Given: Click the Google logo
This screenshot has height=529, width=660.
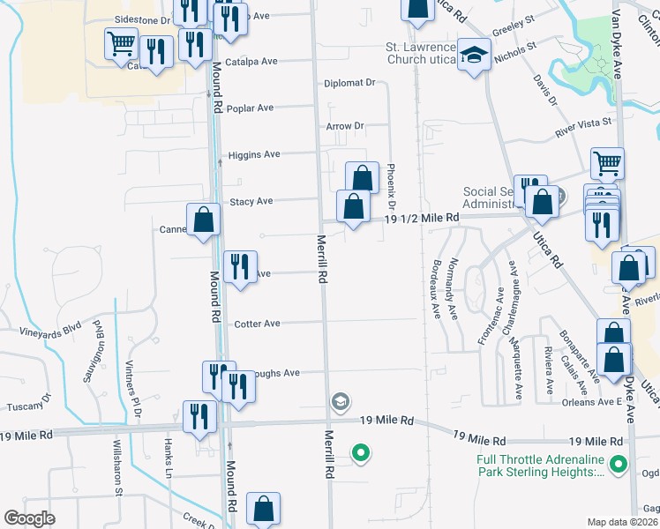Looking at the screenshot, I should click(x=29, y=518).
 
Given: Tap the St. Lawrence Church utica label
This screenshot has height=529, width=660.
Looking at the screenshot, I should click(x=421, y=53).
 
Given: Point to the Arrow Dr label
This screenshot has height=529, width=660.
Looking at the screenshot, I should click(x=345, y=126).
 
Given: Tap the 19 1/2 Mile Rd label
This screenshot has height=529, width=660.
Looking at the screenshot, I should click(x=421, y=217).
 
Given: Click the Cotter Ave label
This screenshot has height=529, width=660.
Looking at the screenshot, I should click(x=257, y=324).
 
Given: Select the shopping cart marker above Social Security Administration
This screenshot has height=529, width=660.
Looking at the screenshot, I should click(x=607, y=162).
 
